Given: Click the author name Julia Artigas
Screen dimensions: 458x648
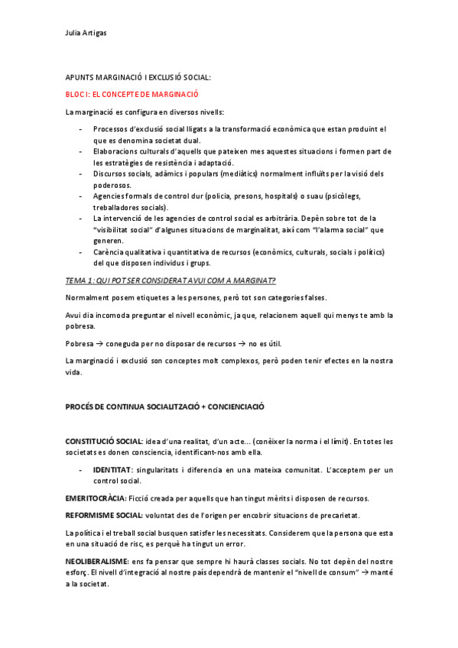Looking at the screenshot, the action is [x=85, y=32].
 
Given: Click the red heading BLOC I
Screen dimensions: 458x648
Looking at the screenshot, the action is [x=132, y=94].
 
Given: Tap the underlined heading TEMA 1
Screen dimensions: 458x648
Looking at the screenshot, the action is [x=171, y=281].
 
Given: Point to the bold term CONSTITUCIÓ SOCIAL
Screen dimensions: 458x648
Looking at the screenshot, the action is [x=103, y=442].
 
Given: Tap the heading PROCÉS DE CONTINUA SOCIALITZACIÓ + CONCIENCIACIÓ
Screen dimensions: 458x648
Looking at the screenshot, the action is [x=164, y=407].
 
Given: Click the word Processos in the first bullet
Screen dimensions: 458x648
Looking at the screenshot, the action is [x=112, y=129].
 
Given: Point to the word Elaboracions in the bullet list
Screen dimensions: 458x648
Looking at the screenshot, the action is [x=115, y=151].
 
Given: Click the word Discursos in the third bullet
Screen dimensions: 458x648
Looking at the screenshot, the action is [x=111, y=173].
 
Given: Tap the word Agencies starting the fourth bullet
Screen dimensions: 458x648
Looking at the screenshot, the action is [x=111, y=196].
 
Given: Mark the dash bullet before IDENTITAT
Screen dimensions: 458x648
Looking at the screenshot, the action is [x=80, y=469].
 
